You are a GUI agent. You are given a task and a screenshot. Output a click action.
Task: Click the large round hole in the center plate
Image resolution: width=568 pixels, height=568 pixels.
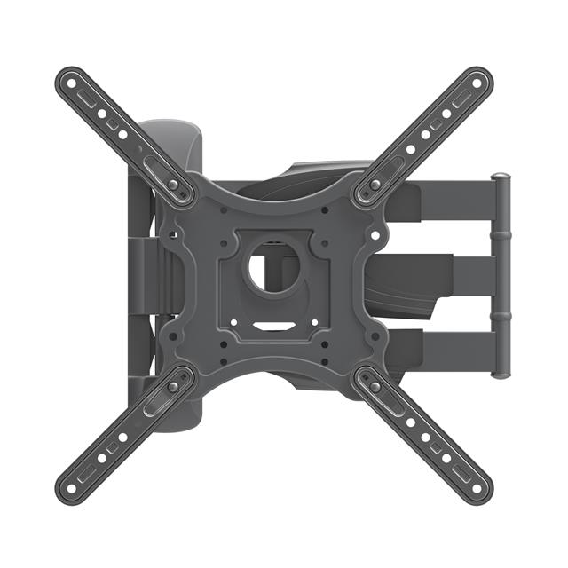click(273, 271)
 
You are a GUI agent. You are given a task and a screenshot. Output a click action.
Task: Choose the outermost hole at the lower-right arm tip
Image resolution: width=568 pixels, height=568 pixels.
click(477, 487)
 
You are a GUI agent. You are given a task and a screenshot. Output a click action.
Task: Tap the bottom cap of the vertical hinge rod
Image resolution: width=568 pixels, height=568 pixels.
click(501, 374)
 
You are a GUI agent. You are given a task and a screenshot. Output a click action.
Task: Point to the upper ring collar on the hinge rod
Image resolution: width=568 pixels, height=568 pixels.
click(501, 236)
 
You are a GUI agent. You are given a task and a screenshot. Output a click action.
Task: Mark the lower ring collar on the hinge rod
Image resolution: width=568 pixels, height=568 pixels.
click(501, 316)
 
